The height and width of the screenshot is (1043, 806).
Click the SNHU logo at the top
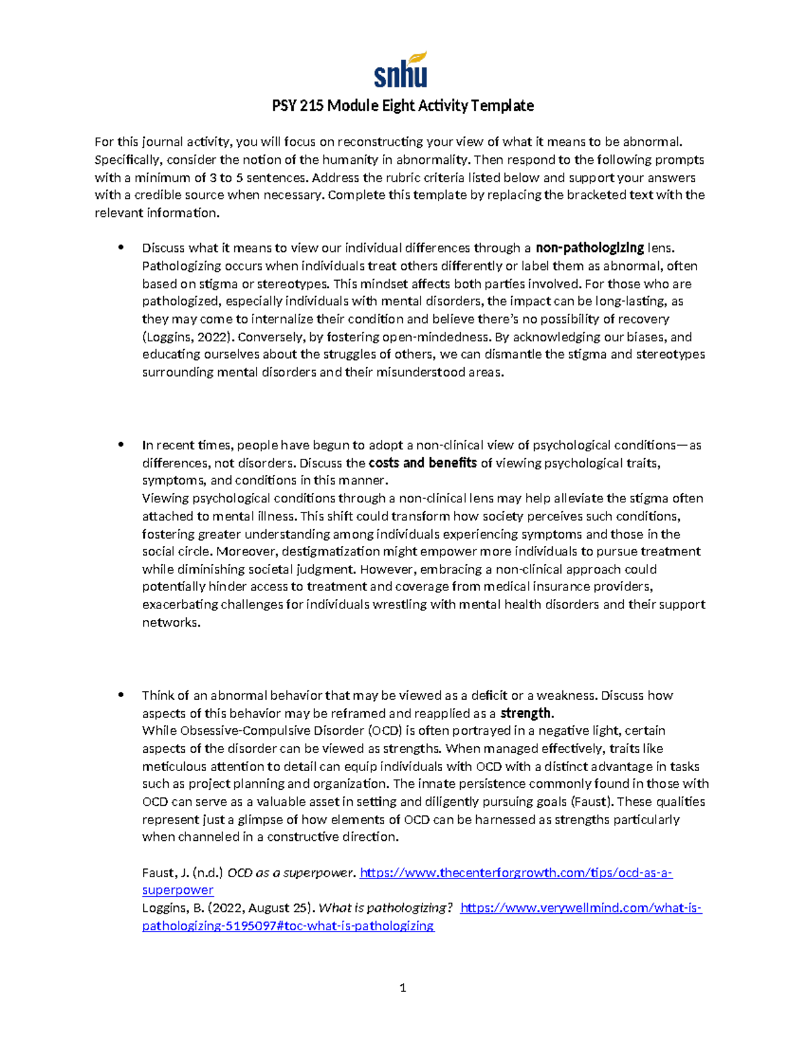(x=401, y=71)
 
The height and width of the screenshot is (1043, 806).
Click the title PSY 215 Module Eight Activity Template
(x=402, y=105)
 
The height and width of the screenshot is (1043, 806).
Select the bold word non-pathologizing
(x=590, y=248)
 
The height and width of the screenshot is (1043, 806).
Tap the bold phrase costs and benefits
(x=423, y=463)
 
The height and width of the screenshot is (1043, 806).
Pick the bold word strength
(x=526, y=713)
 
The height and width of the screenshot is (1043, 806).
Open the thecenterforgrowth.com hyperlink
(x=516, y=873)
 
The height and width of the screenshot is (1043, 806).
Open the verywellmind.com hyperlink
(x=581, y=908)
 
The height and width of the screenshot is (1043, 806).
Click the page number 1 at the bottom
(x=402, y=988)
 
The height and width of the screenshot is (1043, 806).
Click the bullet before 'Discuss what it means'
(x=121, y=247)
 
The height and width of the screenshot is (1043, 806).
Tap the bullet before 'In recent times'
(x=121, y=445)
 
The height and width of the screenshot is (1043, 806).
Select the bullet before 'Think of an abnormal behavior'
(x=121, y=695)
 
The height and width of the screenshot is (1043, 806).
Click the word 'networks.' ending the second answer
(x=171, y=623)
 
